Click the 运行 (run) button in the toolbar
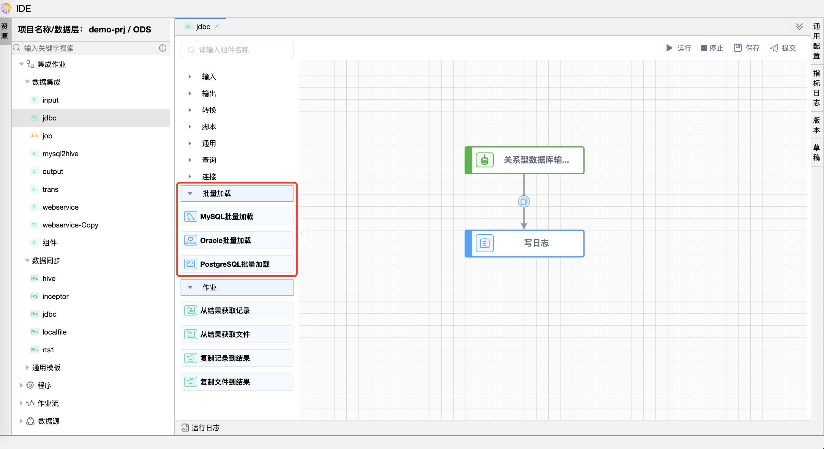point(679,48)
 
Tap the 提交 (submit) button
point(783,48)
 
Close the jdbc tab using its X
point(217,26)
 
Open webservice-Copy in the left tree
point(70,225)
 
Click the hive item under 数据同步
point(49,279)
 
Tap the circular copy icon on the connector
point(524,201)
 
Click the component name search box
point(237,50)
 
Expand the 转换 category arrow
point(190,110)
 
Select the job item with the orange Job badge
point(47,136)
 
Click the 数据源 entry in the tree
point(48,421)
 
